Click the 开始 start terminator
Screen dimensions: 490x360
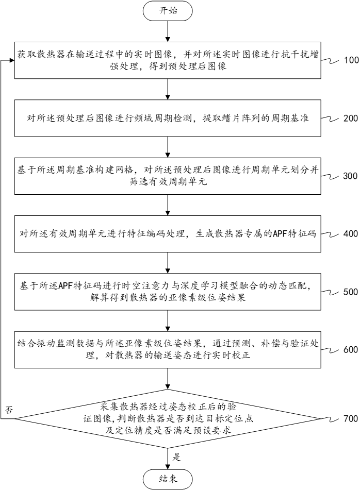[x=168, y=11]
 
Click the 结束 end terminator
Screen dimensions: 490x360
[x=168, y=478]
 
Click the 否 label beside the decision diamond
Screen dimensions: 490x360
[x=8, y=410]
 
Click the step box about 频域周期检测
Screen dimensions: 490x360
[x=168, y=119]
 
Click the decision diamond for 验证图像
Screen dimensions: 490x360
[x=168, y=419]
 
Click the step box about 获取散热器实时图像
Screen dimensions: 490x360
[x=168, y=61]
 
